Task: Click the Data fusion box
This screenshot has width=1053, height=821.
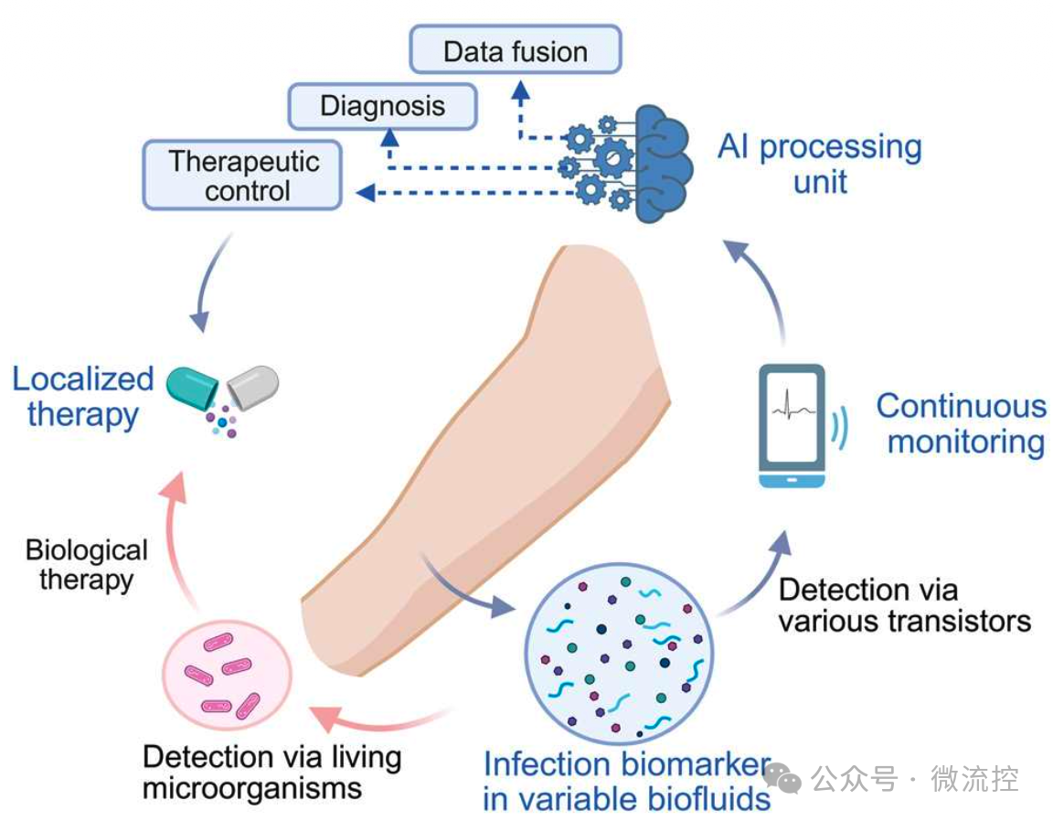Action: click(x=516, y=50)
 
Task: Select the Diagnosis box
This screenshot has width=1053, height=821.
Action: click(x=383, y=106)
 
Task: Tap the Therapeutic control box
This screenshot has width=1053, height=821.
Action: click(x=242, y=176)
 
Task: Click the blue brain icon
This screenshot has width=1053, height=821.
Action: click(x=659, y=163)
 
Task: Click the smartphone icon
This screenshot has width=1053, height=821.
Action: click(x=793, y=425)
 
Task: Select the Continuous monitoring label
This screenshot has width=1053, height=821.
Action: click(x=961, y=423)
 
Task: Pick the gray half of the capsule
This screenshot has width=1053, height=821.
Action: click(x=253, y=386)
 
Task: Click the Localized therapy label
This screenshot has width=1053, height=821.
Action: click(x=82, y=396)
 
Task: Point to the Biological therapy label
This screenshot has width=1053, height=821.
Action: click(x=86, y=564)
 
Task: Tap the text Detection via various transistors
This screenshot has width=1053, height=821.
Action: click(x=903, y=605)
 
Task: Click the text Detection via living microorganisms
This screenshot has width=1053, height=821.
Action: click(x=271, y=773)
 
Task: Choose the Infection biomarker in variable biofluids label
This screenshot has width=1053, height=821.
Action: click(x=627, y=781)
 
